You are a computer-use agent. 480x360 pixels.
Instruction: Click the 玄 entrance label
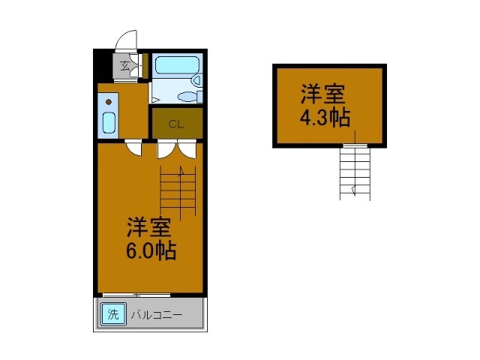click(x=124, y=65)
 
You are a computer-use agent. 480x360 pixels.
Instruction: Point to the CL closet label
click(x=176, y=124)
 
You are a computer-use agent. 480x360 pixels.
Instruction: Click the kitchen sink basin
click(x=108, y=122)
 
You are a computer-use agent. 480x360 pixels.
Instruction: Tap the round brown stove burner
click(x=108, y=100)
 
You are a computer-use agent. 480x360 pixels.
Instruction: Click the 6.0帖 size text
click(x=150, y=251)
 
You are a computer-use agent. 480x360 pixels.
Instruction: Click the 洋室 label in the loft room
click(x=323, y=94)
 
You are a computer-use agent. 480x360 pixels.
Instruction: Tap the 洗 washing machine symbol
click(x=112, y=314)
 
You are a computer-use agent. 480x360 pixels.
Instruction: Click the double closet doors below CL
click(x=177, y=149)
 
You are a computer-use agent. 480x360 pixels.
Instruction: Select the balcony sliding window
click(x=136, y=295)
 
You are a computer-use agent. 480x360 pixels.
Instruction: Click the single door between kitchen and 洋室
click(x=133, y=148)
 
